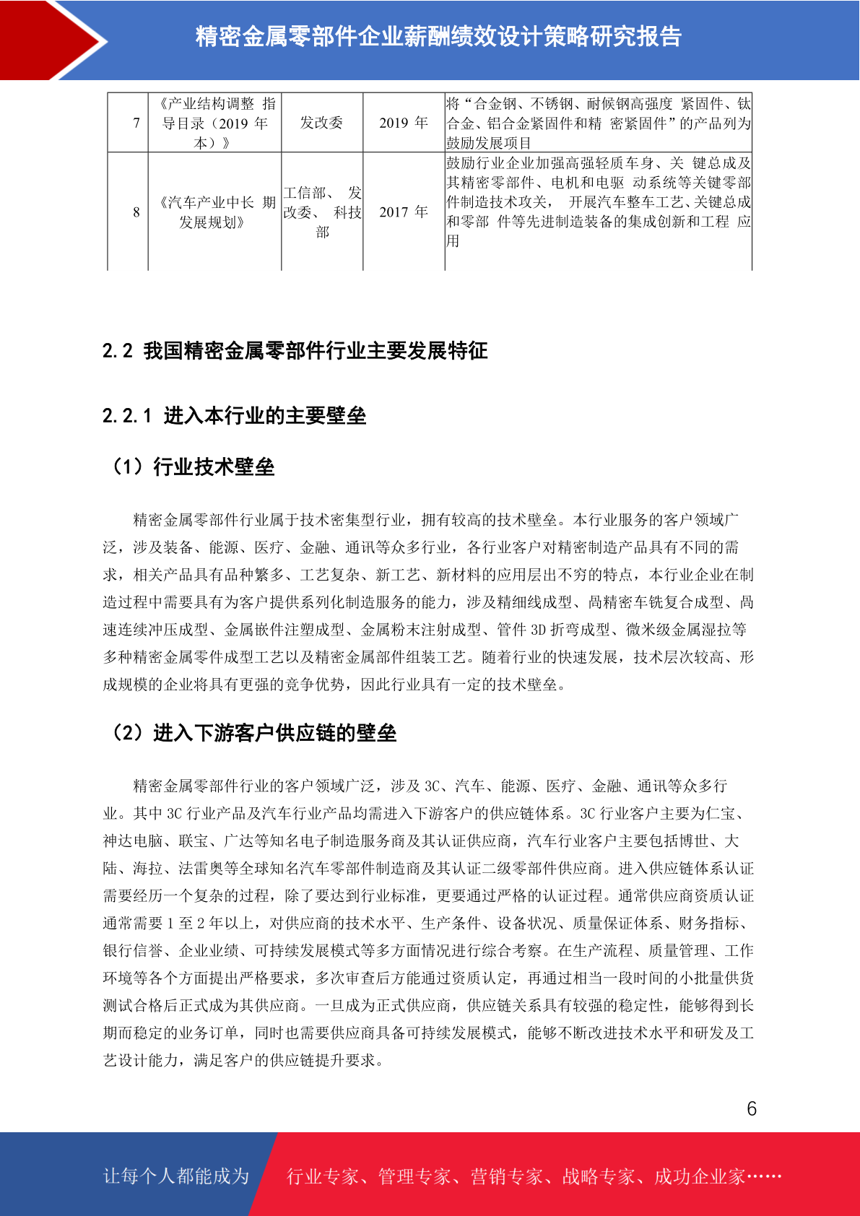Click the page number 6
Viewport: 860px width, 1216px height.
click(751, 1108)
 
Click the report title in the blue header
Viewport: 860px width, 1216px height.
click(438, 37)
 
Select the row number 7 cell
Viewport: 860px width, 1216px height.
click(136, 123)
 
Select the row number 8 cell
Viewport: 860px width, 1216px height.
click(136, 212)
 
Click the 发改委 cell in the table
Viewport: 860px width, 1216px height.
click(321, 123)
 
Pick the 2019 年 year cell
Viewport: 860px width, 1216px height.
click(403, 123)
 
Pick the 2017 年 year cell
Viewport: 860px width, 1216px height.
click(403, 212)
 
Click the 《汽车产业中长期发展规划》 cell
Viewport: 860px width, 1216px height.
click(214, 212)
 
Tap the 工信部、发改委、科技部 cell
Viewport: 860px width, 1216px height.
click(322, 212)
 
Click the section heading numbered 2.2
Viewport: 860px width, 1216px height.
click(295, 351)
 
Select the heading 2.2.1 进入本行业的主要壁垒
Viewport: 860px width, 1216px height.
click(234, 415)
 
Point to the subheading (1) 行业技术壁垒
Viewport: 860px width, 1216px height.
click(191, 466)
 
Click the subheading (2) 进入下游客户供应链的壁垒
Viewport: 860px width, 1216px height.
click(253, 733)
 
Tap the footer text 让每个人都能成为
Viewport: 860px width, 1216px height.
click(176, 1176)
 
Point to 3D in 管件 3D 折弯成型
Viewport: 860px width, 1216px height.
click(538, 630)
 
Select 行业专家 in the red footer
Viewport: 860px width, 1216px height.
click(323, 1177)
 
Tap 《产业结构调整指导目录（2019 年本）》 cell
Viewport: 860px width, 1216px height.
click(214, 123)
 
